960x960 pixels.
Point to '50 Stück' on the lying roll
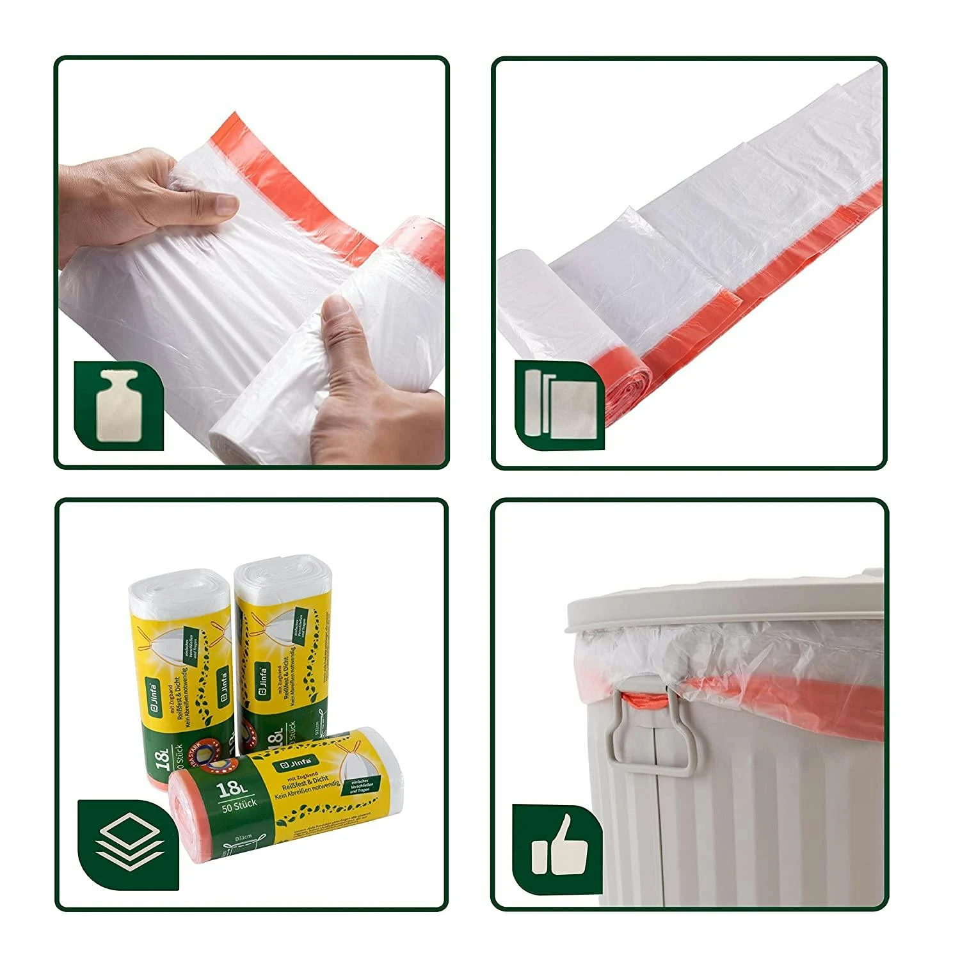237,803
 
